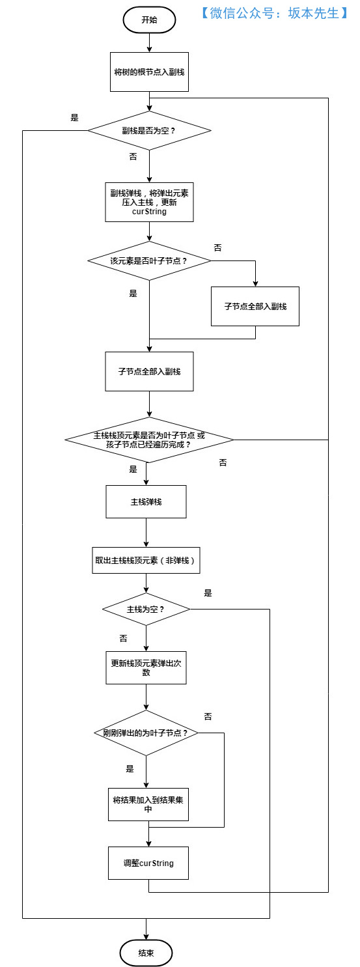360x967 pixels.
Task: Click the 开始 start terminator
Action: (149, 20)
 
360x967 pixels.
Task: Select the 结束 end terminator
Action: (146, 953)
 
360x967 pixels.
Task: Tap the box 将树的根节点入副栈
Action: (149, 72)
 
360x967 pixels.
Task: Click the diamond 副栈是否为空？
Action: (149, 130)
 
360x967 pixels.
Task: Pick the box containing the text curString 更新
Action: (149, 202)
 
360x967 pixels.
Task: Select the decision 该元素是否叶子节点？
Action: (149, 260)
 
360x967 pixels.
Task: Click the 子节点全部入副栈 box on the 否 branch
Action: (255, 306)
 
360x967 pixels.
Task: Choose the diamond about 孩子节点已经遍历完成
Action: (149, 440)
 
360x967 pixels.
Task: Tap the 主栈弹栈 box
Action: (146, 501)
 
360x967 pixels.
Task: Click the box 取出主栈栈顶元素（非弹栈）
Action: (146, 560)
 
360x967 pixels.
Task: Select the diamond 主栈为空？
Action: (146, 610)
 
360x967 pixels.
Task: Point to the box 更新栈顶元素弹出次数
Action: (146, 667)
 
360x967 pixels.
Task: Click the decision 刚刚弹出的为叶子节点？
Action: (146, 733)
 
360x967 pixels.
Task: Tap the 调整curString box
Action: (149, 863)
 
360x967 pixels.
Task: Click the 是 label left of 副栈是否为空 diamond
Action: (74, 118)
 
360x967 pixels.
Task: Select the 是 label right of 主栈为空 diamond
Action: (208, 593)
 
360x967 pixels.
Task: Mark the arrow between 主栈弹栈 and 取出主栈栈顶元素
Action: (146, 533)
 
